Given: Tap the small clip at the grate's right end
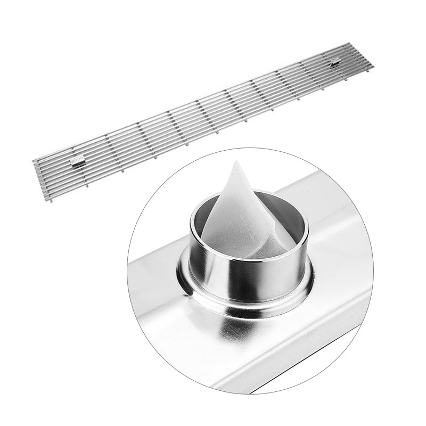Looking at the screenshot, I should (335, 62).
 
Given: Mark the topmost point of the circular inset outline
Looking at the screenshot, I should (250, 149).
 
